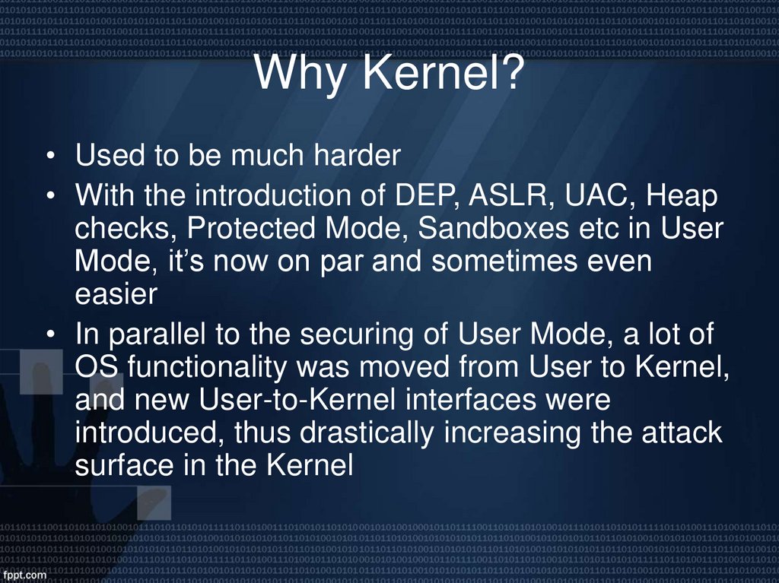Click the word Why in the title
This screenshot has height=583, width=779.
300,74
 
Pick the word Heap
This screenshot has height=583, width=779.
681,198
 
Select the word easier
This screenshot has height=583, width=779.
115,295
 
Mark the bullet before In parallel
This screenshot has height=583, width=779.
49,335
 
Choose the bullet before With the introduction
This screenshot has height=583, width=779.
49,198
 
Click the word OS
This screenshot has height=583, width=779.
97,367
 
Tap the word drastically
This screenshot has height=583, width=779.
378,433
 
